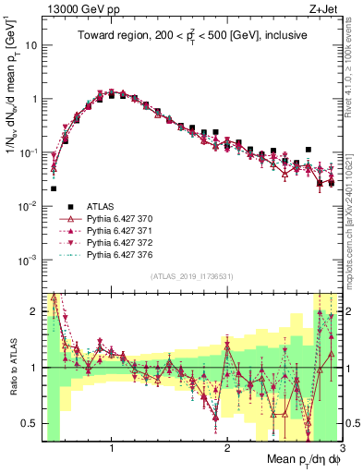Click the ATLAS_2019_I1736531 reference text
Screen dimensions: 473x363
click(x=191, y=274)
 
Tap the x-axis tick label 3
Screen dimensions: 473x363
click(x=341, y=449)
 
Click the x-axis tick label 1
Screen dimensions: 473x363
click(x=112, y=449)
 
